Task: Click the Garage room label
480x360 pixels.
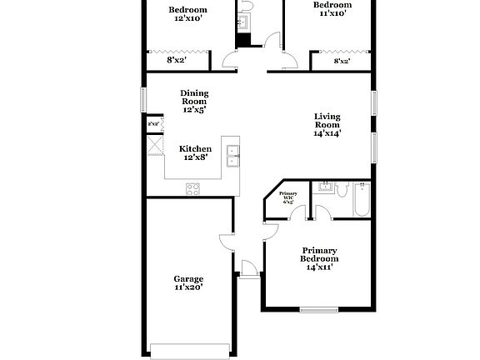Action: tap(188, 278)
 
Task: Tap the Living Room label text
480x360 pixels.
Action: tap(327, 120)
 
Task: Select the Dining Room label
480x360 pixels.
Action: tap(194, 97)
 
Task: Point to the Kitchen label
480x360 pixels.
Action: tap(195, 149)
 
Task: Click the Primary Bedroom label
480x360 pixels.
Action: tap(320, 254)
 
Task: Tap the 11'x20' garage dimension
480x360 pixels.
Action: tap(188, 287)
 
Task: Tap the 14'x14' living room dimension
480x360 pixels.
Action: tap(327, 132)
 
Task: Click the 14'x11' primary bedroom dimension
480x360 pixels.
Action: tap(320, 269)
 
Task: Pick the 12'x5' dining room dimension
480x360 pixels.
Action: tap(194, 109)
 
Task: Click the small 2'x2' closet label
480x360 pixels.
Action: tap(153, 124)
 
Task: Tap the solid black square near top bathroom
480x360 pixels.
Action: tap(242, 40)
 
